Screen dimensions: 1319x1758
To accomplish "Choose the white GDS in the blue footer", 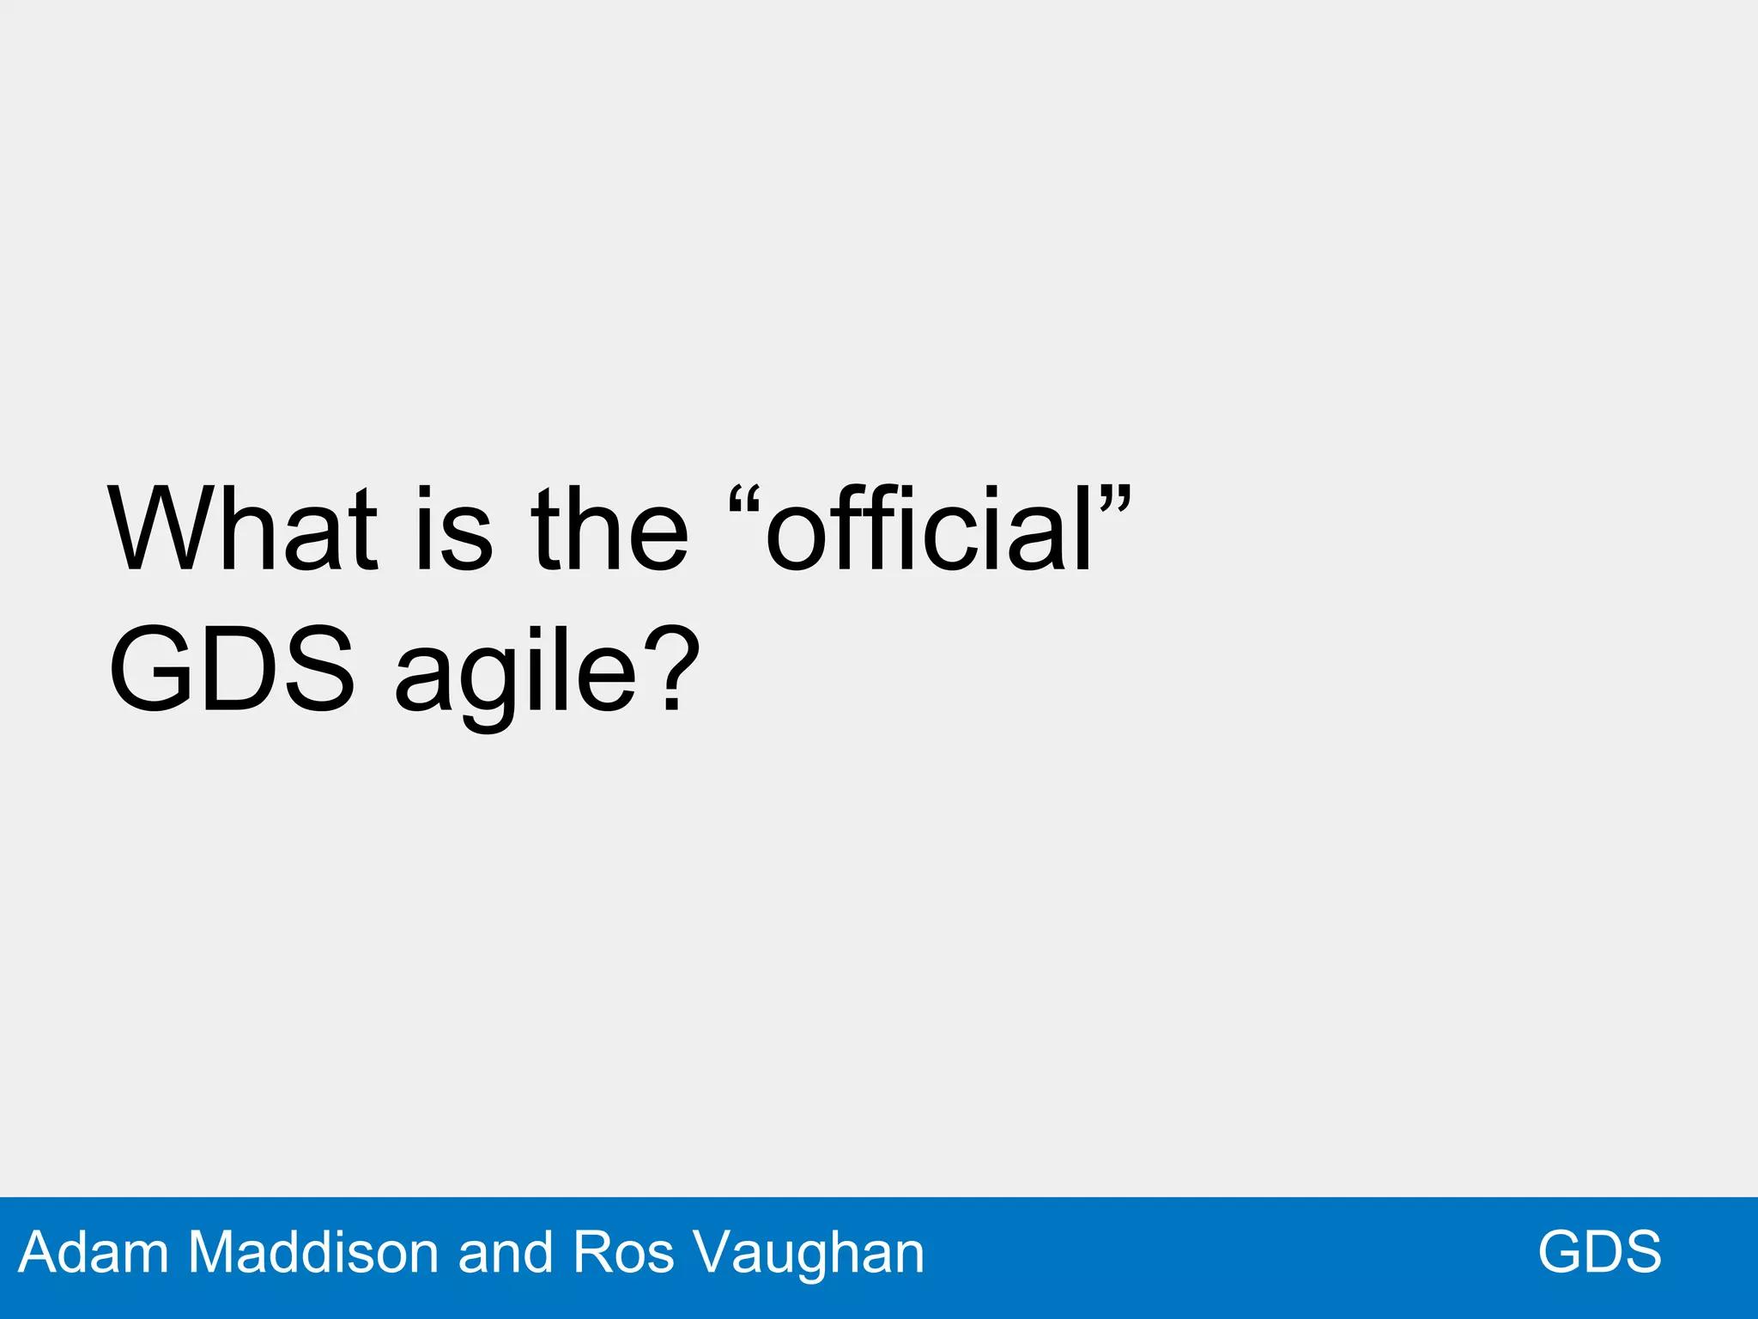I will pyautogui.click(x=1599, y=1252).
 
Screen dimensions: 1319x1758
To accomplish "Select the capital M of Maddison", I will pyautogui.click(x=210, y=1252).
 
